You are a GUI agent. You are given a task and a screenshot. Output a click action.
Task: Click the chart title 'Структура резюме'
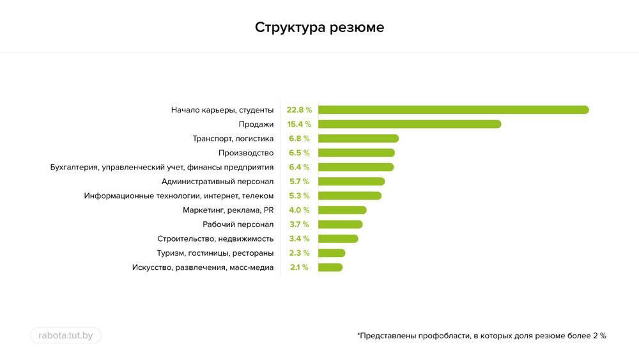pyautogui.click(x=319, y=28)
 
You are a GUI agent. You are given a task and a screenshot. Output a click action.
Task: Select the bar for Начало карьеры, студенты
pyautogui.click(x=453, y=110)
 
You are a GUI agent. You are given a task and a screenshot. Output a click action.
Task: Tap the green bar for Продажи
pyautogui.click(x=410, y=124)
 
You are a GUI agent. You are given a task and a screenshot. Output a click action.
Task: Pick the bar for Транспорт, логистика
pyautogui.click(x=358, y=138)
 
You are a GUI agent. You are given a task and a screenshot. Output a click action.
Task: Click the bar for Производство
pyautogui.click(x=357, y=153)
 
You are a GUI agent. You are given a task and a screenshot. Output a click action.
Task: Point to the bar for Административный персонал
pyautogui.click(x=351, y=182)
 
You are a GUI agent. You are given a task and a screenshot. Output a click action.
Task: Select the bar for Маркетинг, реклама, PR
pyautogui.click(x=343, y=210)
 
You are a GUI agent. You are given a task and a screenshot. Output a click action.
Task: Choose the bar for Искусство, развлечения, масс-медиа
pyautogui.click(x=330, y=267)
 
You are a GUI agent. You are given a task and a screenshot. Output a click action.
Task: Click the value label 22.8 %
pyautogui.click(x=298, y=110)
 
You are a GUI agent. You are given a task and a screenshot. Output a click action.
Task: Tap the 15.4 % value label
pyautogui.click(x=298, y=124)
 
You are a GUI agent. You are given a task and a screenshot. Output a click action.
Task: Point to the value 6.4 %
pyautogui.click(x=299, y=167)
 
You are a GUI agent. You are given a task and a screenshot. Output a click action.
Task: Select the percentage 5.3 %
pyautogui.click(x=299, y=196)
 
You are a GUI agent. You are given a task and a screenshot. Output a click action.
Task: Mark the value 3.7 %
pyautogui.click(x=299, y=224)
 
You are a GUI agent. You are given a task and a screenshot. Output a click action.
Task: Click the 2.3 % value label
pyautogui.click(x=299, y=253)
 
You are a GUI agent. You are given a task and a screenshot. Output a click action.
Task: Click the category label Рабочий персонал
pyautogui.click(x=238, y=224)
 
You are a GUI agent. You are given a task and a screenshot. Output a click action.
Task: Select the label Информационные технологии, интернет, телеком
pyautogui.click(x=179, y=196)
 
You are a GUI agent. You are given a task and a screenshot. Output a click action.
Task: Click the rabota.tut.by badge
pyautogui.click(x=66, y=335)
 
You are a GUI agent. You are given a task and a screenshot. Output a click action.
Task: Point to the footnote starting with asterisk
pyautogui.click(x=481, y=335)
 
